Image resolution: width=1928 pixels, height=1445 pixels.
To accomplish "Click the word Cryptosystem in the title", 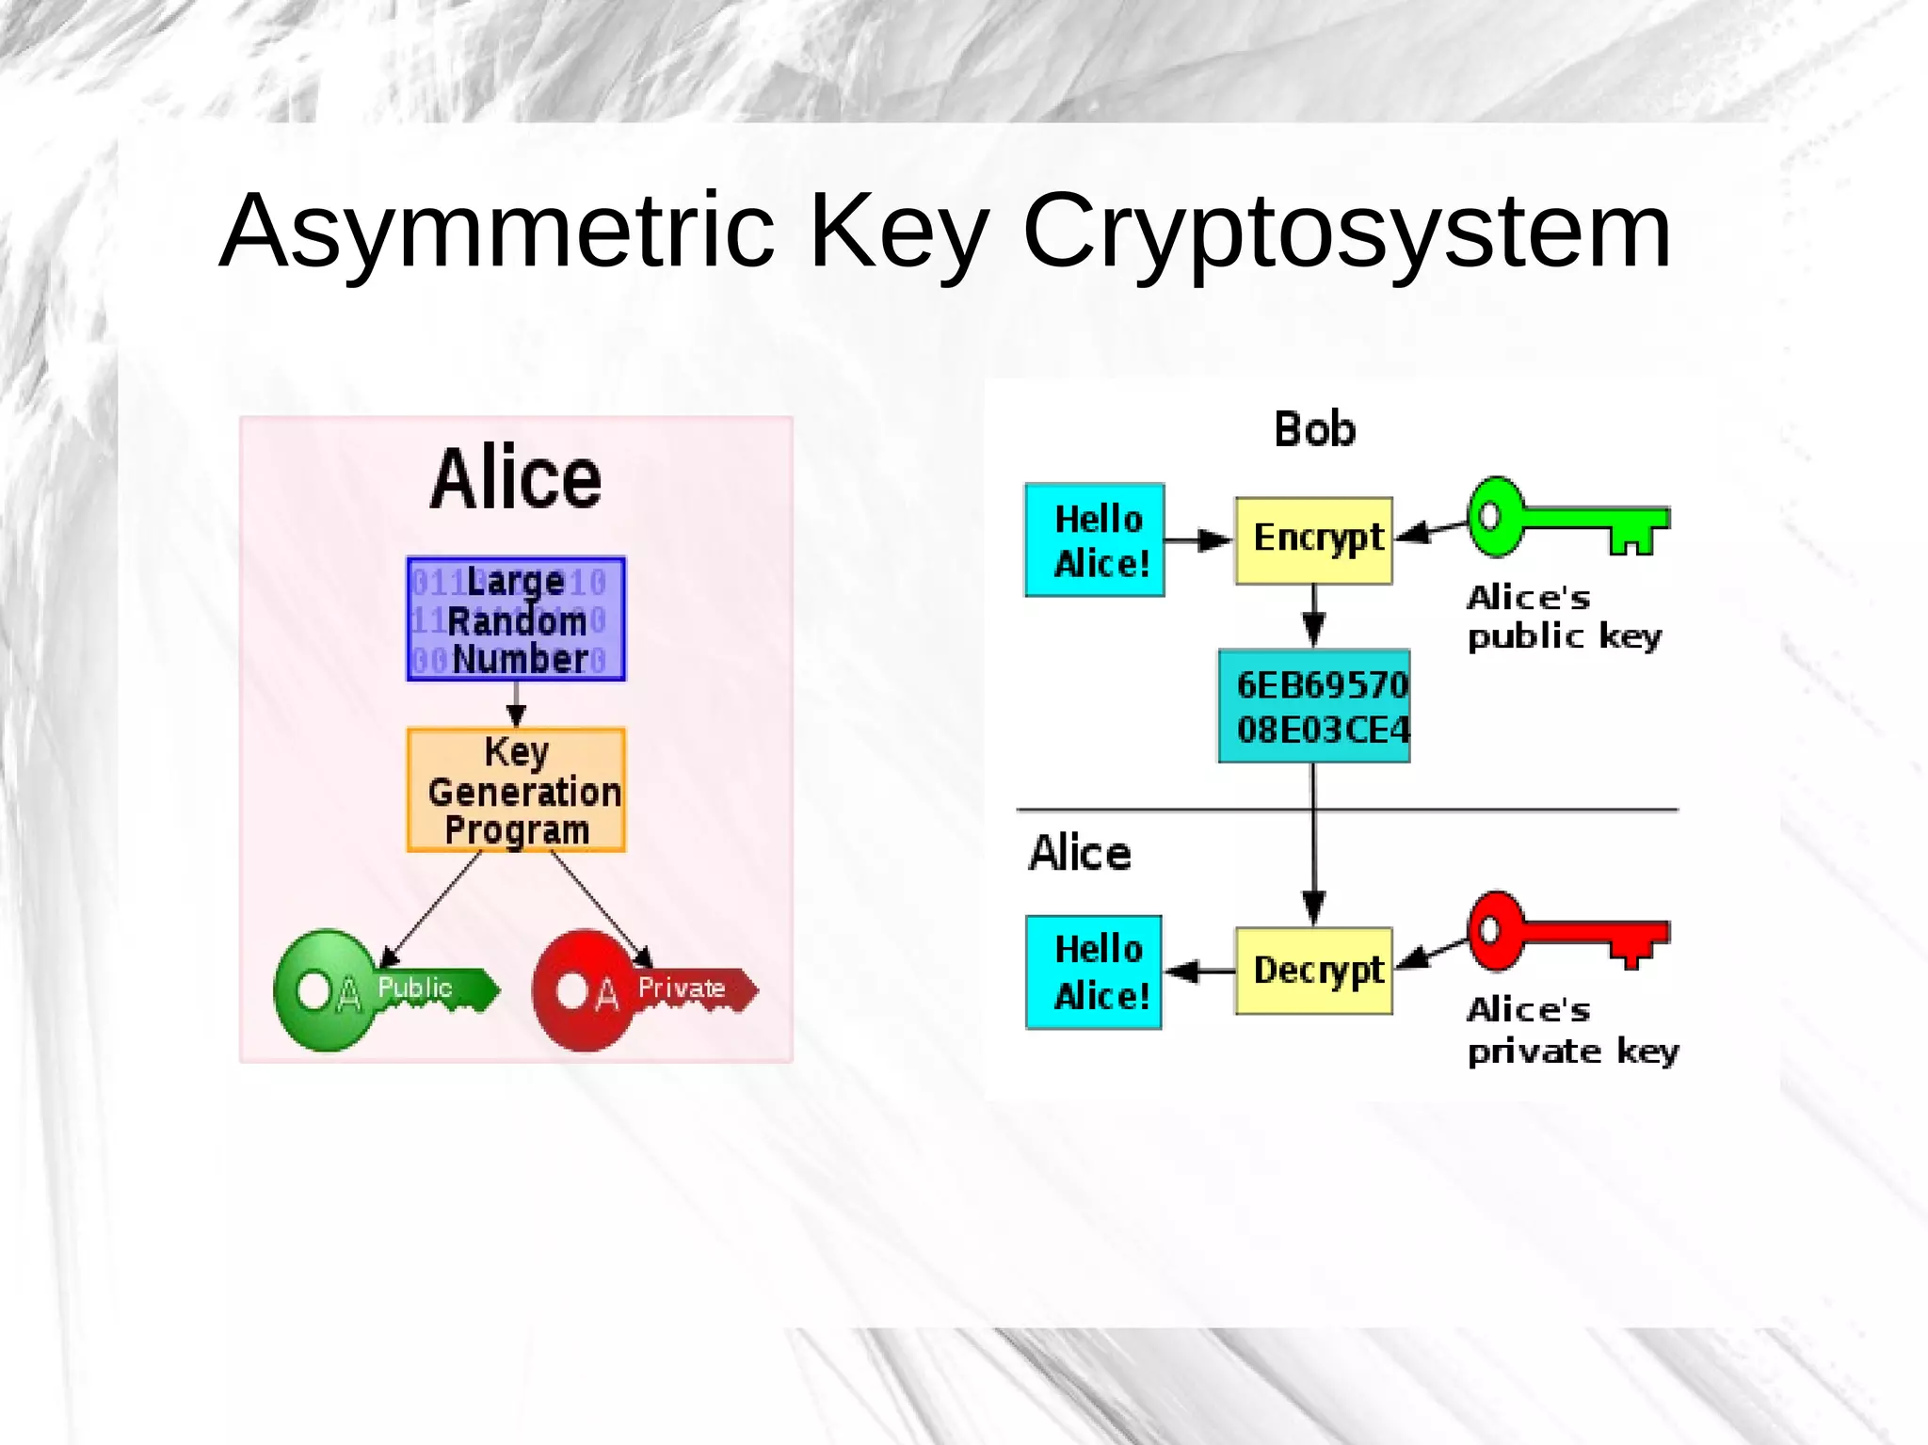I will point(1346,232).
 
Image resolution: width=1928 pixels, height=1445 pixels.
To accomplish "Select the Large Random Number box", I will point(516,618).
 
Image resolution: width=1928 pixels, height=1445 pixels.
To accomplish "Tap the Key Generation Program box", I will point(516,790).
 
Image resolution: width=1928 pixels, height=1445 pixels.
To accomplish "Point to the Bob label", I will point(1314,430).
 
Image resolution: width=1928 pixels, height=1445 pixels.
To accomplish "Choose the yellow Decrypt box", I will point(1314,971).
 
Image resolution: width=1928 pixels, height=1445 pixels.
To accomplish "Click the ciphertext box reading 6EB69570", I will point(1314,706).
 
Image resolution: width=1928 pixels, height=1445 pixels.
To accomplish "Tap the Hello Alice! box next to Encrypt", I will point(1095,540).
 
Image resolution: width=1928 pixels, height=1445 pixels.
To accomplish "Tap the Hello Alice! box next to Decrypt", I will point(1094,971).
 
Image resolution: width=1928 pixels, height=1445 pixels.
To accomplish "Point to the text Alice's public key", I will point(1563,618).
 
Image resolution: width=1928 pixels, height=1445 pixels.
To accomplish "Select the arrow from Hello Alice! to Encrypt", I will point(1198,540).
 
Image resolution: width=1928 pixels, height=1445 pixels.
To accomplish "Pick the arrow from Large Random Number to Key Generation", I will point(516,704).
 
